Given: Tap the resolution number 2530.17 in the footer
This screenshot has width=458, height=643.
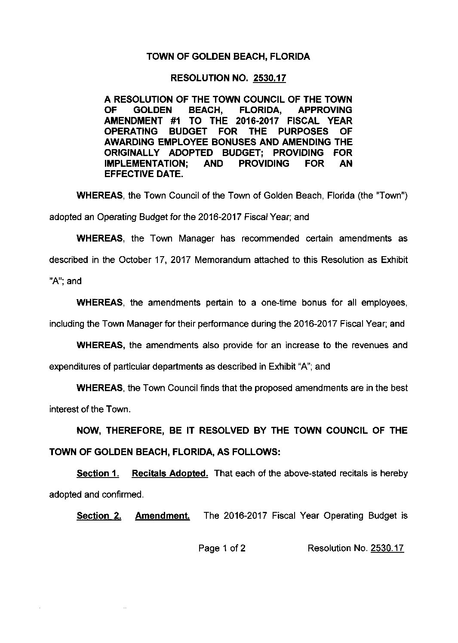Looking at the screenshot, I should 387,548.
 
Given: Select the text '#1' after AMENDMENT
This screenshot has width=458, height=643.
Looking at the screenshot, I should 170,120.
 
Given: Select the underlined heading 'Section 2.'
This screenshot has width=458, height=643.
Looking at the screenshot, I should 98,516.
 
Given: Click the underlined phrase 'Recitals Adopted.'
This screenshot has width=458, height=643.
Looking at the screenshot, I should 170,473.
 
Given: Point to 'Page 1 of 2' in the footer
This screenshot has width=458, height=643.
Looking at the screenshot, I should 222,548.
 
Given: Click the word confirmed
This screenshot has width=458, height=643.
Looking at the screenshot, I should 122,494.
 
